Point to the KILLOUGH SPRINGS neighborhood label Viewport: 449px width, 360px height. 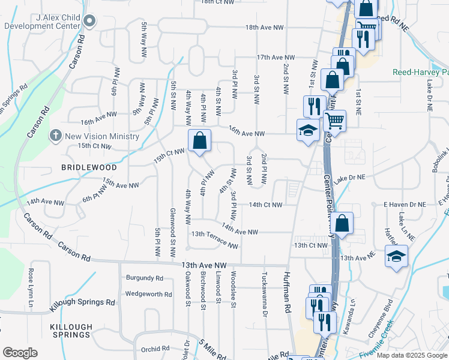71,331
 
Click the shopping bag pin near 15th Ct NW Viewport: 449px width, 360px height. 200,142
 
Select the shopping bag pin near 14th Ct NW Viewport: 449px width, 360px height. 342,224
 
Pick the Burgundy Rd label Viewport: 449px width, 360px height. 145,278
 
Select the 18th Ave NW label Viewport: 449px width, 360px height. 264,28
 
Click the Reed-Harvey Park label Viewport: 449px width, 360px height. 420,72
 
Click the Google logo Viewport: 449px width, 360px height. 20,353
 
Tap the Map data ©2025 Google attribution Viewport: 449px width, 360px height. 412,355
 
